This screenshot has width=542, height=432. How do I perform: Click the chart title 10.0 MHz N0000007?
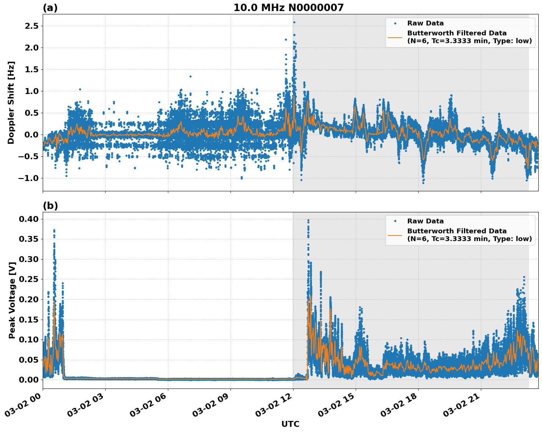click(x=288, y=8)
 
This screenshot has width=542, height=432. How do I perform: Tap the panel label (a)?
click(x=50, y=8)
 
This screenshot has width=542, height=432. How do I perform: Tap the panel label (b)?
click(x=50, y=206)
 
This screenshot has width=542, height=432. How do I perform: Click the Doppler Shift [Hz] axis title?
click(x=11, y=102)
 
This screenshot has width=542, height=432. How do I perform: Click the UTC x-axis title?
click(x=290, y=424)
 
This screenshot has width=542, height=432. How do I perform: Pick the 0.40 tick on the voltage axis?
click(x=29, y=219)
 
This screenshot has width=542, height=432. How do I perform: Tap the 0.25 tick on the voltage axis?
click(x=29, y=279)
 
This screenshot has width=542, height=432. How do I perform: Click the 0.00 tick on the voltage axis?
click(x=29, y=380)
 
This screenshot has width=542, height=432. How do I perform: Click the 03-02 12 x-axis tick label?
click(x=276, y=408)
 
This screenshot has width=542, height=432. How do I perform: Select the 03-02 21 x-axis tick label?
click(x=464, y=408)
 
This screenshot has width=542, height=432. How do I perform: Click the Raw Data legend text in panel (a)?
click(x=425, y=23)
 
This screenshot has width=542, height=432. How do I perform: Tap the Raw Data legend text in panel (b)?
click(x=425, y=221)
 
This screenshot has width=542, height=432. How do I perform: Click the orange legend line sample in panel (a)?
click(x=395, y=37)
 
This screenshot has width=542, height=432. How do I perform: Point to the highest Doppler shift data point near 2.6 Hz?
click(x=294, y=22)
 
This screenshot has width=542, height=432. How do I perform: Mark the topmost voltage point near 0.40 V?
click(x=308, y=220)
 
